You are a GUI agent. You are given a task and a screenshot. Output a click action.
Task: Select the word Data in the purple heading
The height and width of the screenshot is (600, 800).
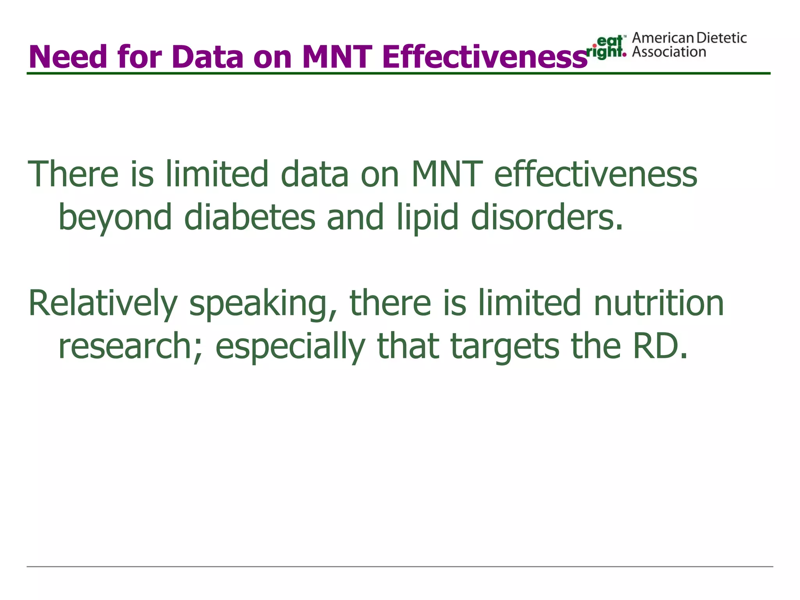207,57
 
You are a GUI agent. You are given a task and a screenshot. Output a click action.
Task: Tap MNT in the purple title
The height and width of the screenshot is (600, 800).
337,57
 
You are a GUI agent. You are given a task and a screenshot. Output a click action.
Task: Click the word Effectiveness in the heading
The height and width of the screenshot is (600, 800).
485,57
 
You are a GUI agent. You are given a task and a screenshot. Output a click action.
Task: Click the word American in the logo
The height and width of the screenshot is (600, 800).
663,38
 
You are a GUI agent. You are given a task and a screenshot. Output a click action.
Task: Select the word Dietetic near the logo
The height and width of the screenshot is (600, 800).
721,38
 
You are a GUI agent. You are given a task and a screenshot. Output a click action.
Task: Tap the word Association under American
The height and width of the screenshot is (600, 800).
669,52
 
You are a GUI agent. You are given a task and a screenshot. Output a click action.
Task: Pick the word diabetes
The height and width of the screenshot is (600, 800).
249,218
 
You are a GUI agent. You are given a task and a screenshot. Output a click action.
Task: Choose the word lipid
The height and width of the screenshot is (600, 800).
427,218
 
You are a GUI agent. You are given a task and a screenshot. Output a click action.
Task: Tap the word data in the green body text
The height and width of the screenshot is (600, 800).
314,174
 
